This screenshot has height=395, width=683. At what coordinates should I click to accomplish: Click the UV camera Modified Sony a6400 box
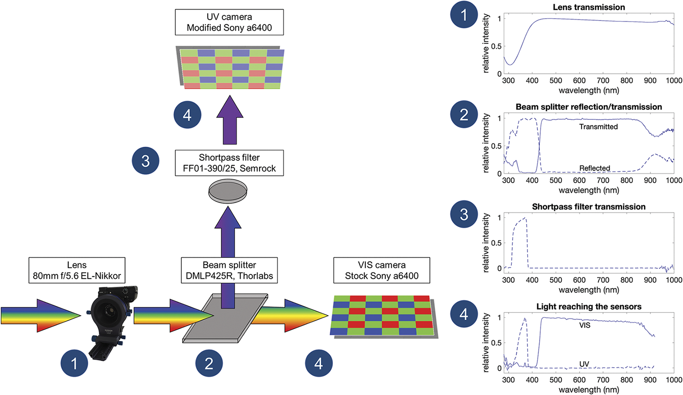[x=229, y=22]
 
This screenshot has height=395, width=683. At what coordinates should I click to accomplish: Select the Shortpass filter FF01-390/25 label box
[x=229, y=163]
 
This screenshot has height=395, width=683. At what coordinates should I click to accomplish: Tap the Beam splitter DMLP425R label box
[x=229, y=270]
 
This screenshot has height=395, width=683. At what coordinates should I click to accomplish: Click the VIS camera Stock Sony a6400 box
[x=382, y=270]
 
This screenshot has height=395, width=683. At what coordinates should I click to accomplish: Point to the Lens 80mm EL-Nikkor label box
[x=76, y=270]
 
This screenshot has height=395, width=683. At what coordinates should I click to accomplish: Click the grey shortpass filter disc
[x=228, y=191]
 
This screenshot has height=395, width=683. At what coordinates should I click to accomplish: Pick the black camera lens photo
[x=109, y=319]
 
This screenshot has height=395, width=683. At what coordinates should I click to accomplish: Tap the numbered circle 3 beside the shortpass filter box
[x=145, y=161]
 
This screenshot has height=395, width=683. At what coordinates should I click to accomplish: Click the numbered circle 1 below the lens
[x=74, y=363]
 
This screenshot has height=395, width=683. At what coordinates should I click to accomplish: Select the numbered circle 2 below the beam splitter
[x=209, y=363]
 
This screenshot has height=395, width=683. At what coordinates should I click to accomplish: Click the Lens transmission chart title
[x=589, y=7]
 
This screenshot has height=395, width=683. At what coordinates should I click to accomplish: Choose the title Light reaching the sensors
[x=589, y=307]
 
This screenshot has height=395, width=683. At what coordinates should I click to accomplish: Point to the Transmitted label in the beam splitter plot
[x=598, y=127]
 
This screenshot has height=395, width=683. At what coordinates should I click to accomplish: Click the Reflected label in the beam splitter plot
[x=595, y=168]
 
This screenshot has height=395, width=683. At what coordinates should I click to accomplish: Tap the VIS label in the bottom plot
[x=585, y=325]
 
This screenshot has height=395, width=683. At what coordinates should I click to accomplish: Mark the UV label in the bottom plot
[x=584, y=364]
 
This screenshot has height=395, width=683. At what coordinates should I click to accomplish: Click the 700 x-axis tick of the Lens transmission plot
[x=603, y=81]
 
